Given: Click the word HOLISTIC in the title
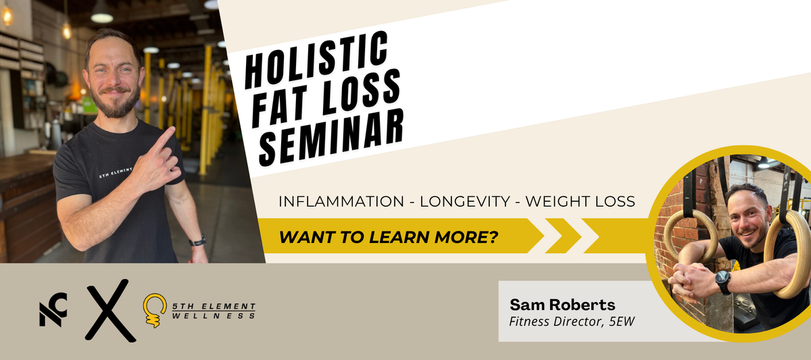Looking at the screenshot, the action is tap(316, 59).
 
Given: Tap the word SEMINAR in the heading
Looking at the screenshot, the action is tap(332, 138).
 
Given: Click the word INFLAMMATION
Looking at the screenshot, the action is tap(341, 201).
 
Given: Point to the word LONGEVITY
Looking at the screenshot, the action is tap(465, 201).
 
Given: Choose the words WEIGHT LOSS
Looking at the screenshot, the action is tap(580, 201).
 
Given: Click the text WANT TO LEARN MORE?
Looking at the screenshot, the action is tap(388, 237).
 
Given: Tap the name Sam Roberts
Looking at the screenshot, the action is tap(562, 305).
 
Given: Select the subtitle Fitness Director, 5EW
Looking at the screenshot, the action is tap(572, 322).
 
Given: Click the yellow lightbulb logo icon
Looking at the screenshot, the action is tap(154, 310).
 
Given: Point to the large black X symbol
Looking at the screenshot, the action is tap(111, 311).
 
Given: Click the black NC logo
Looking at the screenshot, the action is tap(53, 310).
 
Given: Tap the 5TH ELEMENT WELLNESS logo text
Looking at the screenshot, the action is tap(214, 311).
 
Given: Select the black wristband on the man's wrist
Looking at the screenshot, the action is tap(197, 241).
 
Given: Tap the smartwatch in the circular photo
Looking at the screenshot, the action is tap(722, 282).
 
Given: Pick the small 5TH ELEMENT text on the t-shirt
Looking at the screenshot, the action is tap(116, 173).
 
